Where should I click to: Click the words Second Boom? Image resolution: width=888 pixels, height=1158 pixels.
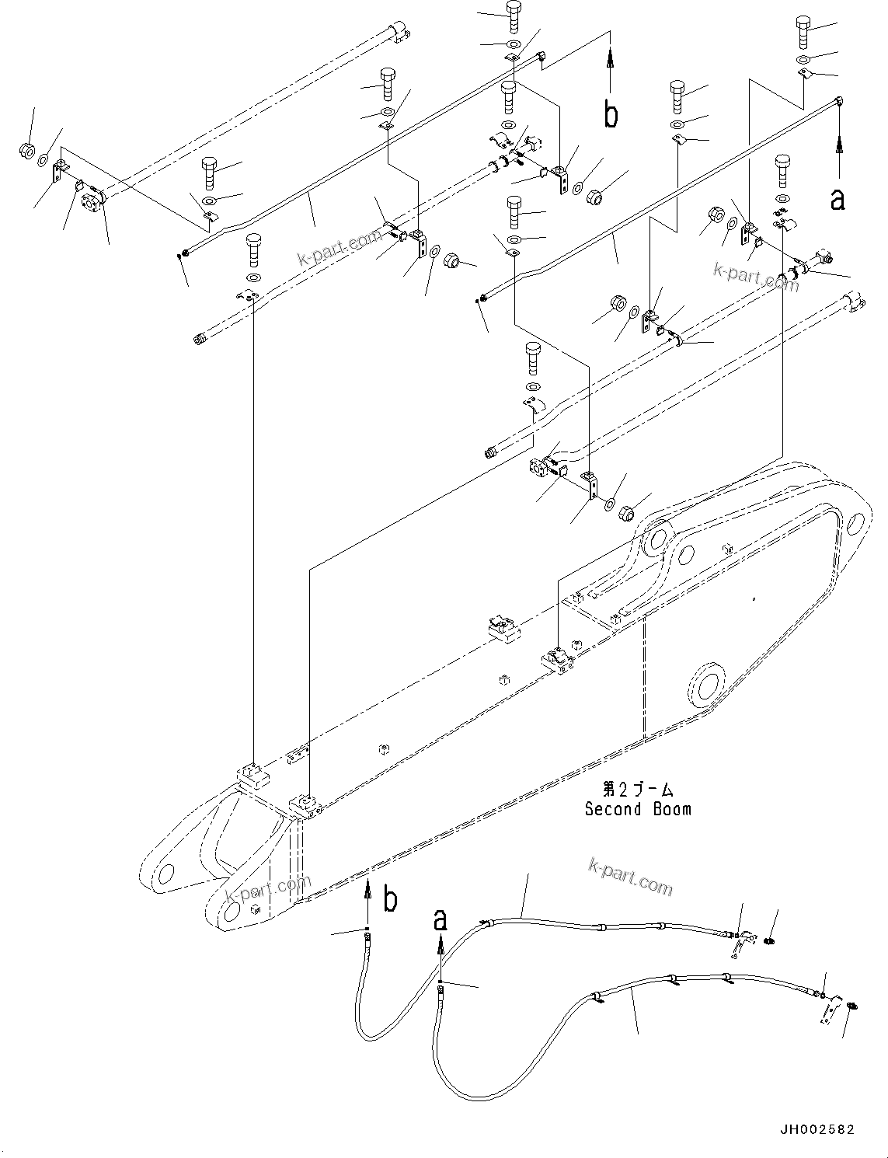(637, 809)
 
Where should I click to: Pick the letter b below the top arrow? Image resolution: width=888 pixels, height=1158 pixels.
(611, 115)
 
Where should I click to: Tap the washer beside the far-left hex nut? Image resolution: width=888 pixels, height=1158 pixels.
(45, 158)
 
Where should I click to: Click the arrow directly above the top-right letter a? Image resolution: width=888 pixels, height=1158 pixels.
(839, 152)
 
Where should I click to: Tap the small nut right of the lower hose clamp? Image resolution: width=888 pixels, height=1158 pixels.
(852, 1006)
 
